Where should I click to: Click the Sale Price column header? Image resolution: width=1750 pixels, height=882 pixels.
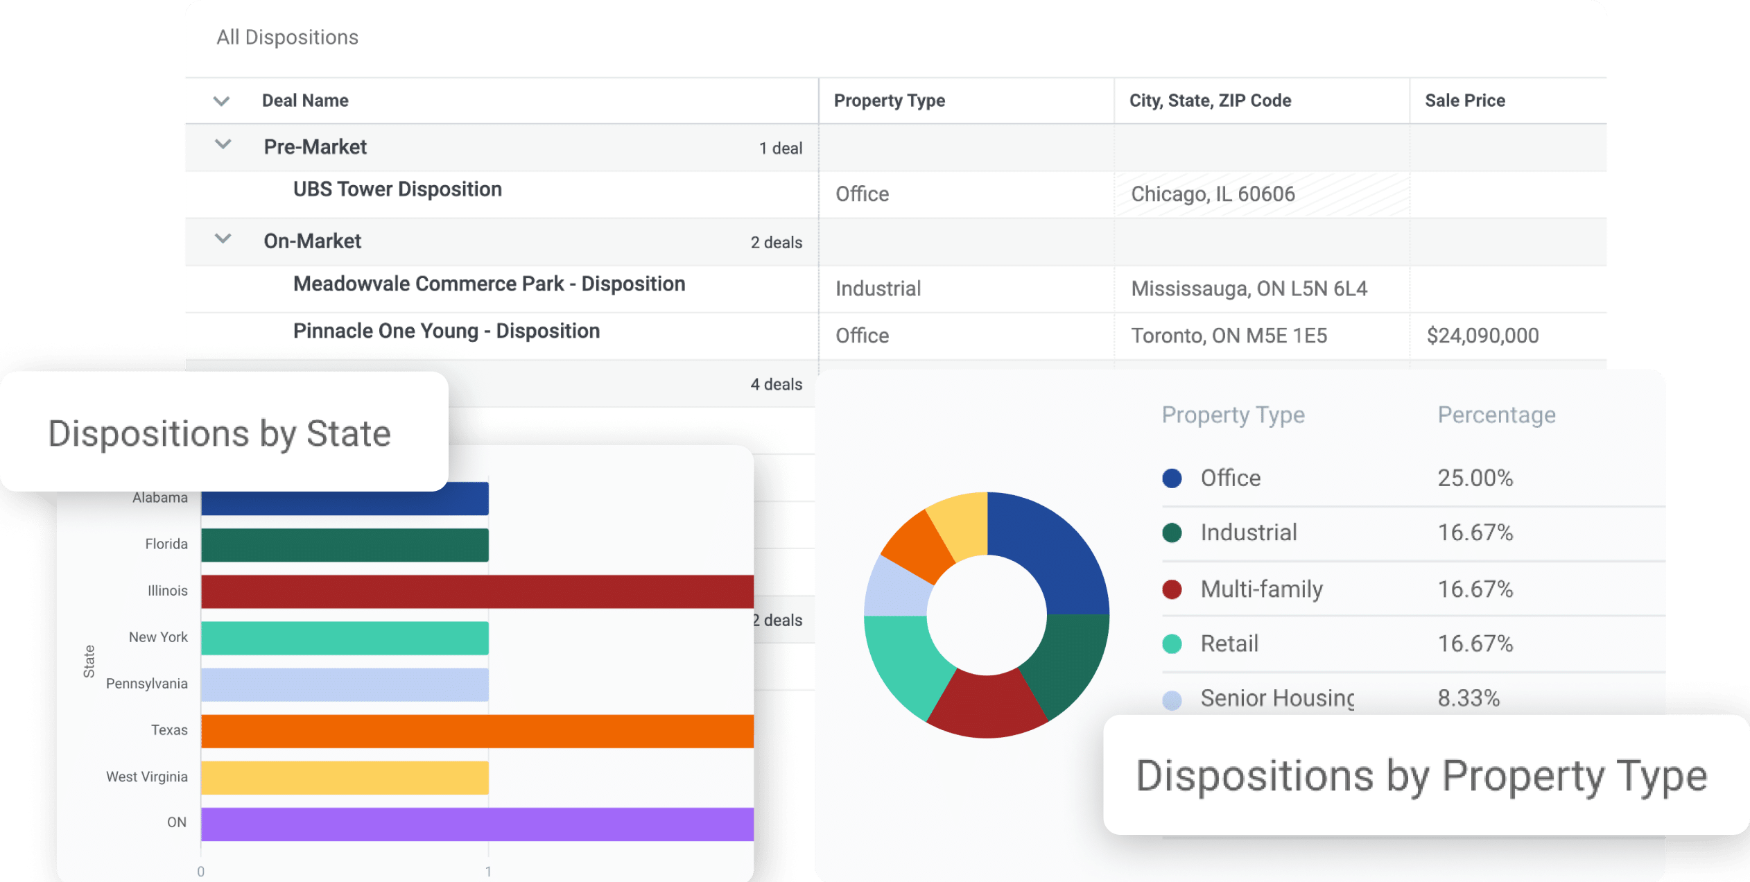(1464, 101)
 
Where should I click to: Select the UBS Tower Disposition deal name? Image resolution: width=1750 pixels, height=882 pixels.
(397, 189)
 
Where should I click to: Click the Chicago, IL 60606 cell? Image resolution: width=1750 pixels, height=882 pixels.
(1212, 194)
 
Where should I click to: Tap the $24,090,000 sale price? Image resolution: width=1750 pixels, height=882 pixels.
(1482, 336)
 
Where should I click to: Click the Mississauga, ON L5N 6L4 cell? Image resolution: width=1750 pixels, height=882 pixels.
(1248, 288)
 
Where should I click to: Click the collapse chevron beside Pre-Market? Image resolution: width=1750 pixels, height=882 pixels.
(223, 145)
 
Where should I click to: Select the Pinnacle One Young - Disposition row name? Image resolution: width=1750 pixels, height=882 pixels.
(446, 331)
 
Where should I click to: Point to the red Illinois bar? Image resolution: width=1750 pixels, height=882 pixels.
(477, 591)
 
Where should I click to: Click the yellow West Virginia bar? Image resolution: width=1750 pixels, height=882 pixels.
(345, 777)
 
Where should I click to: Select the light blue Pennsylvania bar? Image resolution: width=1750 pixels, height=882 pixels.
(345, 684)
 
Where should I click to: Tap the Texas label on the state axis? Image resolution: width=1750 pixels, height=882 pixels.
(169, 730)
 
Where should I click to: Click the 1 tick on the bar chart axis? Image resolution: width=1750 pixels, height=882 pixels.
(488, 872)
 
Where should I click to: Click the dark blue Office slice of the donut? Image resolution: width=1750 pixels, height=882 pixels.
(1050, 555)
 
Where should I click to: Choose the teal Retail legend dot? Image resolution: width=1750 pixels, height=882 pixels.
(1172, 643)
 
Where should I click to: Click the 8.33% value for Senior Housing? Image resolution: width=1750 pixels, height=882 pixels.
(1468, 698)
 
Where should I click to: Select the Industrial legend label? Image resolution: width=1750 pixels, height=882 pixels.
(1248, 533)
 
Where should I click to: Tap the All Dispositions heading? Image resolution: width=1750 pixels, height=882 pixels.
(287, 37)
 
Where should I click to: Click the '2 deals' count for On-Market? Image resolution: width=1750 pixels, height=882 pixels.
(776, 243)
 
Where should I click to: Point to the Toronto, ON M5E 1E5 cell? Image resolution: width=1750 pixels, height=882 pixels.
(1229, 336)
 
